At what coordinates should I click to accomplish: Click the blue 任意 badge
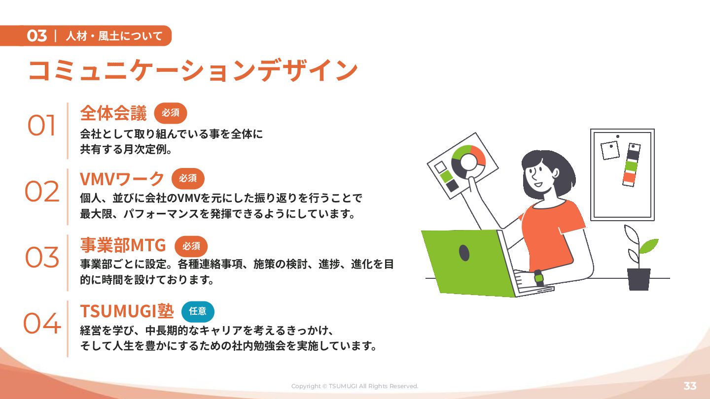pos(198,312)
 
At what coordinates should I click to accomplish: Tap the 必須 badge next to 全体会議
pos(171,113)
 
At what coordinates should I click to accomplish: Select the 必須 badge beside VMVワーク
pos(188,179)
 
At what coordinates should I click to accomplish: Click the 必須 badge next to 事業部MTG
pos(191,246)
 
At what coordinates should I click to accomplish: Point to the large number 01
pos(41,126)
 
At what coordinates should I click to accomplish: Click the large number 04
pos(42,323)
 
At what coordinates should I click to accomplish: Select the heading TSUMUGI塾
pos(127,311)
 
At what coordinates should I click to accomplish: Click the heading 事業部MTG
pos(123,245)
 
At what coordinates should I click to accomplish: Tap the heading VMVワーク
pos(122,179)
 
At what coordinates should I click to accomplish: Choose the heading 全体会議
pos(113,113)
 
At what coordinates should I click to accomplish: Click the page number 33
pos(690,386)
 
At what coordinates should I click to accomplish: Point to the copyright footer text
pos(355,386)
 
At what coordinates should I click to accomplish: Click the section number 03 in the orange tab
pos(37,36)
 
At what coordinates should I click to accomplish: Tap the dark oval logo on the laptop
pos(464,253)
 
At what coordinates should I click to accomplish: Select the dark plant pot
pos(639,279)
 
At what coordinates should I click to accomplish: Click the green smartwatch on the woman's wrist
pos(538,278)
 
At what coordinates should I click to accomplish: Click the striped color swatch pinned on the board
pos(631,165)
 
